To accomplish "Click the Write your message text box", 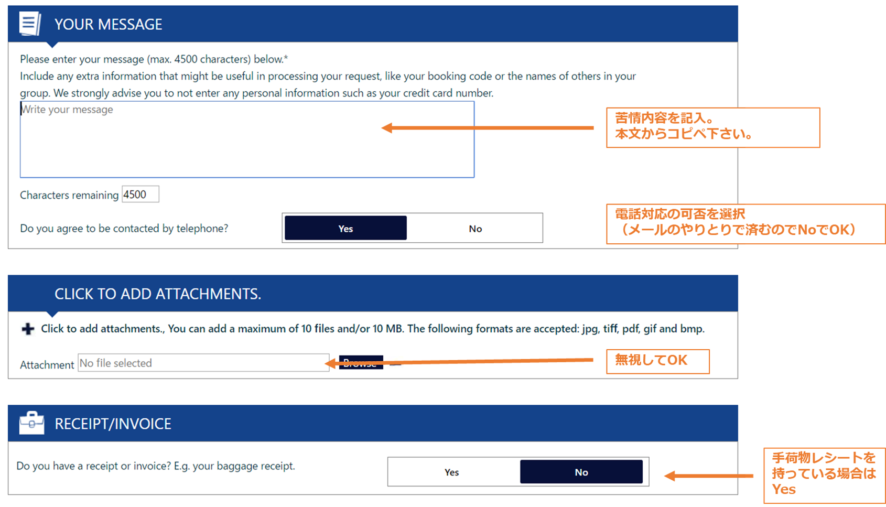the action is (247, 139).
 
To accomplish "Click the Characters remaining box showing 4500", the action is (141, 194).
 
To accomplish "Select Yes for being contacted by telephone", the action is (345, 228).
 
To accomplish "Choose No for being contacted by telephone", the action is (475, 228).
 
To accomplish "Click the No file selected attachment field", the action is (203, 363).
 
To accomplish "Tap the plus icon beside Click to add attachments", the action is (28, 329).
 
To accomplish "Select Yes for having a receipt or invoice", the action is (452, 472).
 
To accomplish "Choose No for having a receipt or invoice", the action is (581, 472).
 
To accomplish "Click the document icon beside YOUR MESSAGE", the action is (30, 24).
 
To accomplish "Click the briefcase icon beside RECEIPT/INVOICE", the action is (31, 423).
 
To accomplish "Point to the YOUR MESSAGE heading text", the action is (109, 25).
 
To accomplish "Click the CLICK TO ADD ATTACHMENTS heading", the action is (158, 294).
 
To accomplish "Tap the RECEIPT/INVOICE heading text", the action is (113, 424).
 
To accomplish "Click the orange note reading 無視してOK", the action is (658, 361).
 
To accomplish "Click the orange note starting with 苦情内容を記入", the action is (713, 127).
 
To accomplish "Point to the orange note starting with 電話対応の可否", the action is (745, 224).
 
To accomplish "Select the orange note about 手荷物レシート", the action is (824, 476).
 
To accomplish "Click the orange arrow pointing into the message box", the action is (488, 128).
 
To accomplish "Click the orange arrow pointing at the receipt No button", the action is (708, 476).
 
